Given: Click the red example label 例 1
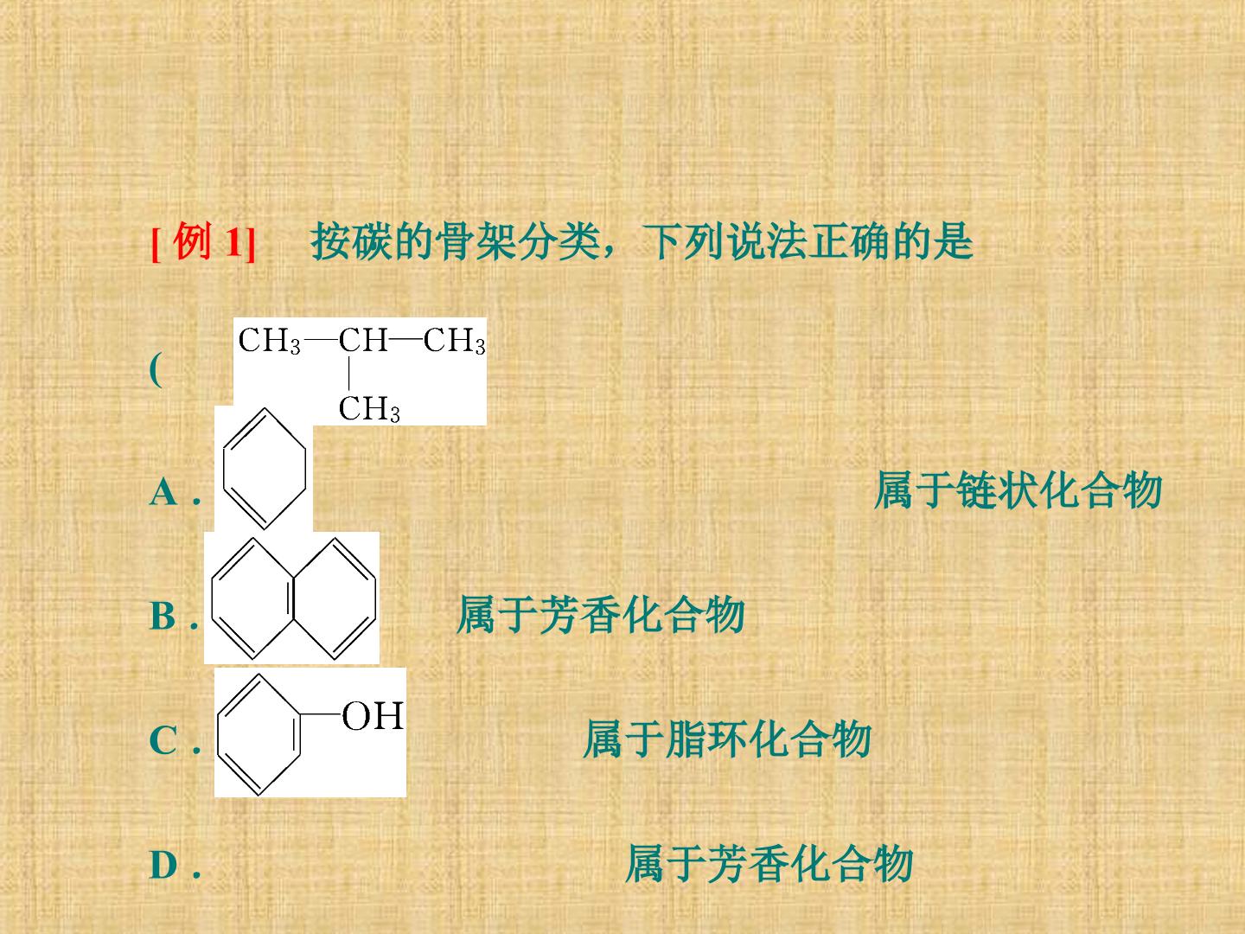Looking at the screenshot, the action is tap(203, 242).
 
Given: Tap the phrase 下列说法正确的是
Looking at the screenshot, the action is tap(808, 242).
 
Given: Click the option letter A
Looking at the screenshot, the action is tap(163, 492).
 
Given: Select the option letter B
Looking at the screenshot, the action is tap(163, 616).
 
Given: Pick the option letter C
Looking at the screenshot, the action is tap(163, 740).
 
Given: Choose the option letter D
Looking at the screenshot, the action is tap(164, 866).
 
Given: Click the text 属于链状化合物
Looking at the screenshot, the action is tap(1018, 490).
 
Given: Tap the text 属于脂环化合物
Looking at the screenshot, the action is tap(727, 739).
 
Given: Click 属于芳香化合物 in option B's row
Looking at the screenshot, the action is tap(601, 615).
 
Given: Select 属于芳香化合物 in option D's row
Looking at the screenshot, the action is tap(769, 864).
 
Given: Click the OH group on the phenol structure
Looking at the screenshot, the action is tap(373, 716).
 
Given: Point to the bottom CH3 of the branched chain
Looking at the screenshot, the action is tap(369, 409).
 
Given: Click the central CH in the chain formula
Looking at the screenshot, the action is tap(363, 340).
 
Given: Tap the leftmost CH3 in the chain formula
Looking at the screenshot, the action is tap(269, 341).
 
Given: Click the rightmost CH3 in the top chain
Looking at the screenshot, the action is tap(454, 341).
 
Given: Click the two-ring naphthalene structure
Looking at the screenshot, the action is tap(293, 598).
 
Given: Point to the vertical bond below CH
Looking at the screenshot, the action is tap(348, 374).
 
